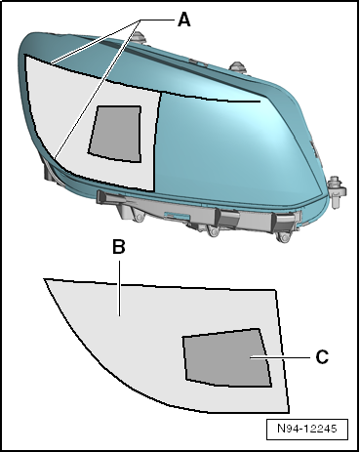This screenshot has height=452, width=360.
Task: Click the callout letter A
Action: [x=184, y=20]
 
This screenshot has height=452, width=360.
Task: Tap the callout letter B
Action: [x=119, y=247]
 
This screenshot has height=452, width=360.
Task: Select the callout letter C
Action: [x=322, y=357]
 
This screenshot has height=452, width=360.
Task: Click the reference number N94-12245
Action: [x=307, y=429]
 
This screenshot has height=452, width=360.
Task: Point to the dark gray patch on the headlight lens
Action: [x=115, y=134]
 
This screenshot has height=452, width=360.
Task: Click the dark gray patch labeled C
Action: [x=227, y=358]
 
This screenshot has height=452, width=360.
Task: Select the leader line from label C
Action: [x=280, y=357]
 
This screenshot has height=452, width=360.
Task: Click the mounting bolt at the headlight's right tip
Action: [x=336, y=191]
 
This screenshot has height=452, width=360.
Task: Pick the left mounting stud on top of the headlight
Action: [x=140, y=37]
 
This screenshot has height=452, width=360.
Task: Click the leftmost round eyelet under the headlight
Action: [x=139, y=218]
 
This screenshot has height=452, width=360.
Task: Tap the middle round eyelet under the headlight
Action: [x=214, y=231]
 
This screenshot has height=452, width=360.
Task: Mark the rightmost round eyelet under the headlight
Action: [x=284, y=238]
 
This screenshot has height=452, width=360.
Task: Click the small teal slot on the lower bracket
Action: [x=178, y=216]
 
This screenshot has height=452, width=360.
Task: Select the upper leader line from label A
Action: [x=97, y=41]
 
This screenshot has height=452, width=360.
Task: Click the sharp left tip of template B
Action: [x=44, y=279]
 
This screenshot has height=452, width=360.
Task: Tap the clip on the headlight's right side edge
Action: [x=316, y=152]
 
